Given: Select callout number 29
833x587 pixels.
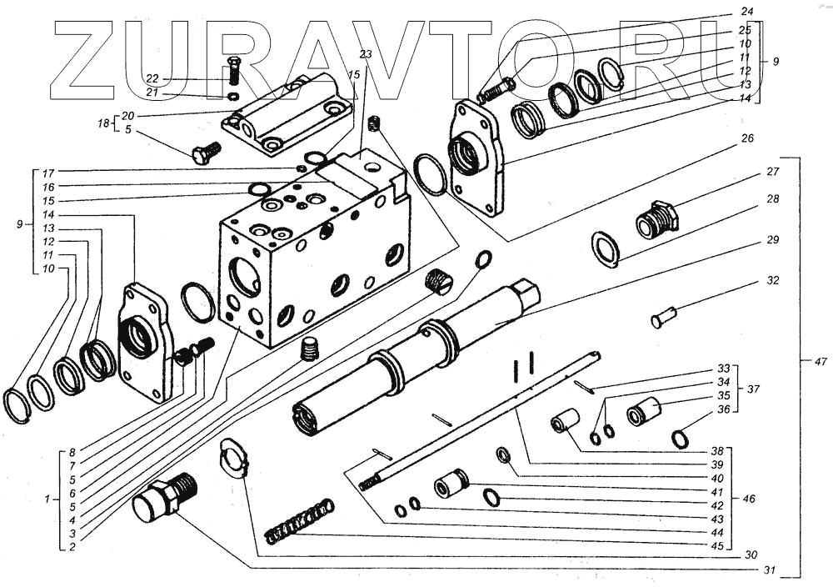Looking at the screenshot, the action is pyautogui.click(x=773, y=240).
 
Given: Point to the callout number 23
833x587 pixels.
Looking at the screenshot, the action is pyautogui.click(x=366, y=54).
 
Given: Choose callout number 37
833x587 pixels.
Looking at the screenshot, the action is pyautogui.click(x=754, y=389).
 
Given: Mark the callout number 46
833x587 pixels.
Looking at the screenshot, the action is pyautogui.click(x=749, y=498).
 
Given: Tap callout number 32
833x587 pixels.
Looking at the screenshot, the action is pyautogui.click(x=773, y=281).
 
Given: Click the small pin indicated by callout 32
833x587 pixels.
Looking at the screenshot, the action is pyautogui.click(x=664, y=317).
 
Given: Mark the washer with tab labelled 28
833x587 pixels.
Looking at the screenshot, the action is pyautogui.click(x=606, y=249).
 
